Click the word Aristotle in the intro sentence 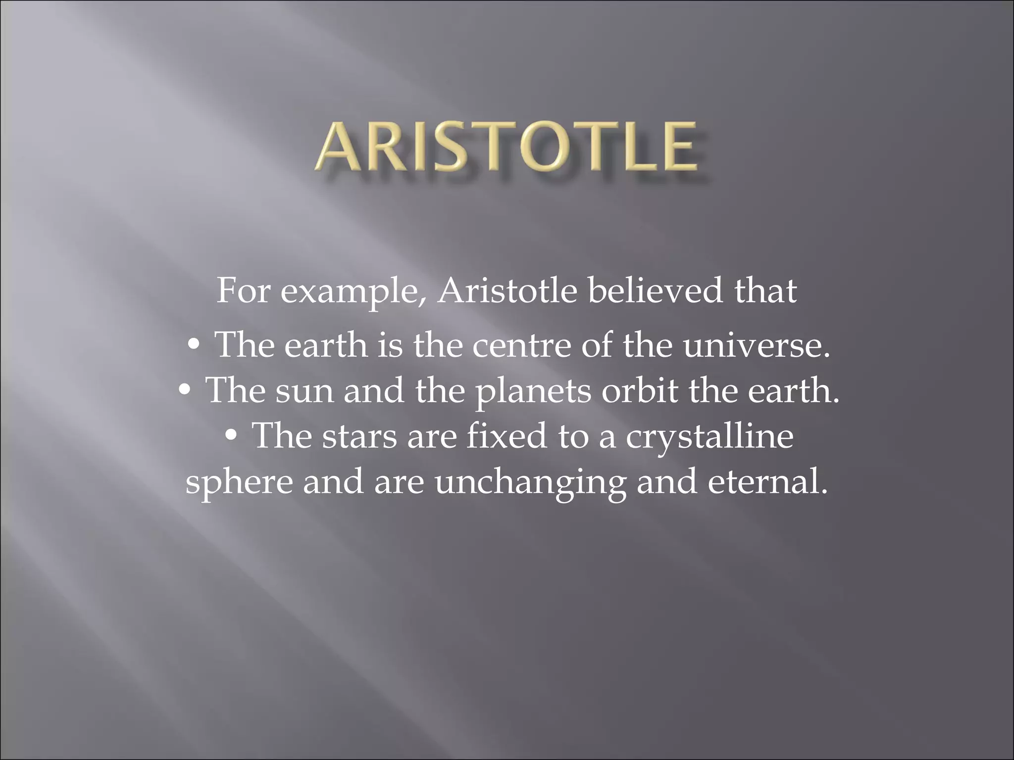pyautogui.click(x=507, y=291)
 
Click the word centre pyautogui.click(x=521, y=345)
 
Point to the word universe pyautogui.click(x=755, y=345)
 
